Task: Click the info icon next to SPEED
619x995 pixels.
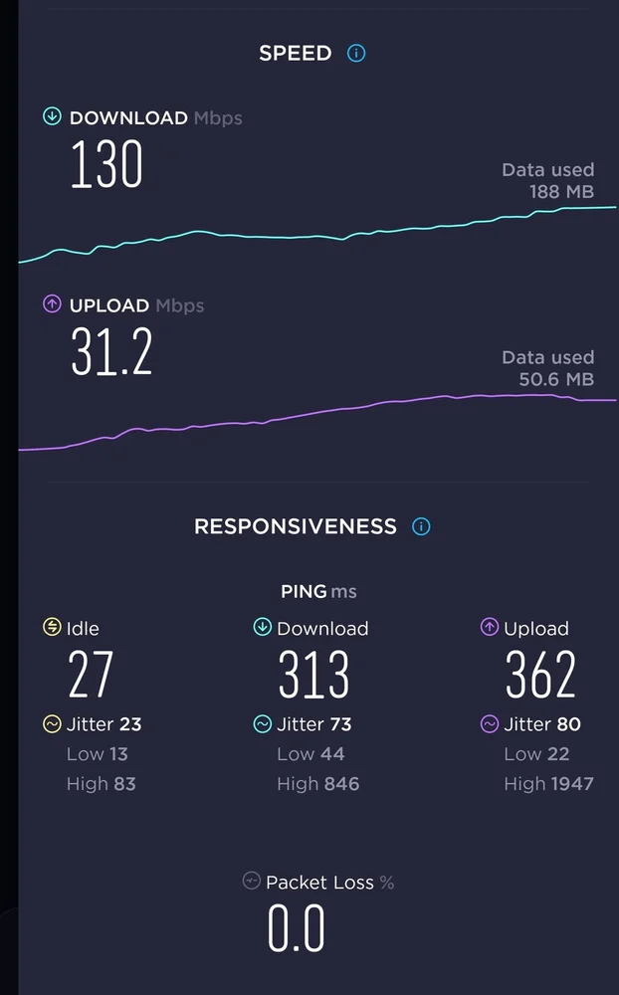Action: pos(356,54)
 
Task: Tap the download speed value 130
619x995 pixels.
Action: pos(106,166)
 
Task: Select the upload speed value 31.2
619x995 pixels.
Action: pos(111,352)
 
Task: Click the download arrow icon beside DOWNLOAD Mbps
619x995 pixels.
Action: pos(52,117)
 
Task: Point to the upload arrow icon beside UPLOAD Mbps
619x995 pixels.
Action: pos(52,304)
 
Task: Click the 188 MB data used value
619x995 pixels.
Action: pos(562,192)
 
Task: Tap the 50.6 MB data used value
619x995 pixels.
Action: pos(556,379)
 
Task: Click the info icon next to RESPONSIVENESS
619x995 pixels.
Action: pos(421,526)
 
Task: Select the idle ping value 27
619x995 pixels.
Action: pos(91,676)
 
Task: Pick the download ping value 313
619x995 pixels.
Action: pos(313,676)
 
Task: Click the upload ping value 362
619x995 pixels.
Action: pos(540,676)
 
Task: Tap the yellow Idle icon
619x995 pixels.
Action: pos(52,628)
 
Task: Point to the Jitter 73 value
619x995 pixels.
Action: pos(340,724)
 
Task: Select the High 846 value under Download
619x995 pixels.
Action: pos(339,784)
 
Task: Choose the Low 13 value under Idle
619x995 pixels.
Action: pos(118,754)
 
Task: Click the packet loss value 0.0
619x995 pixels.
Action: pos(297,929)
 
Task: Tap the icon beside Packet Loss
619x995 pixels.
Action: pos(252,882)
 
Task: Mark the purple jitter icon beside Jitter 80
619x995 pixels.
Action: pos(490,724)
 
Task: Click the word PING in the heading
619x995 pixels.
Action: pos(304,592)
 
